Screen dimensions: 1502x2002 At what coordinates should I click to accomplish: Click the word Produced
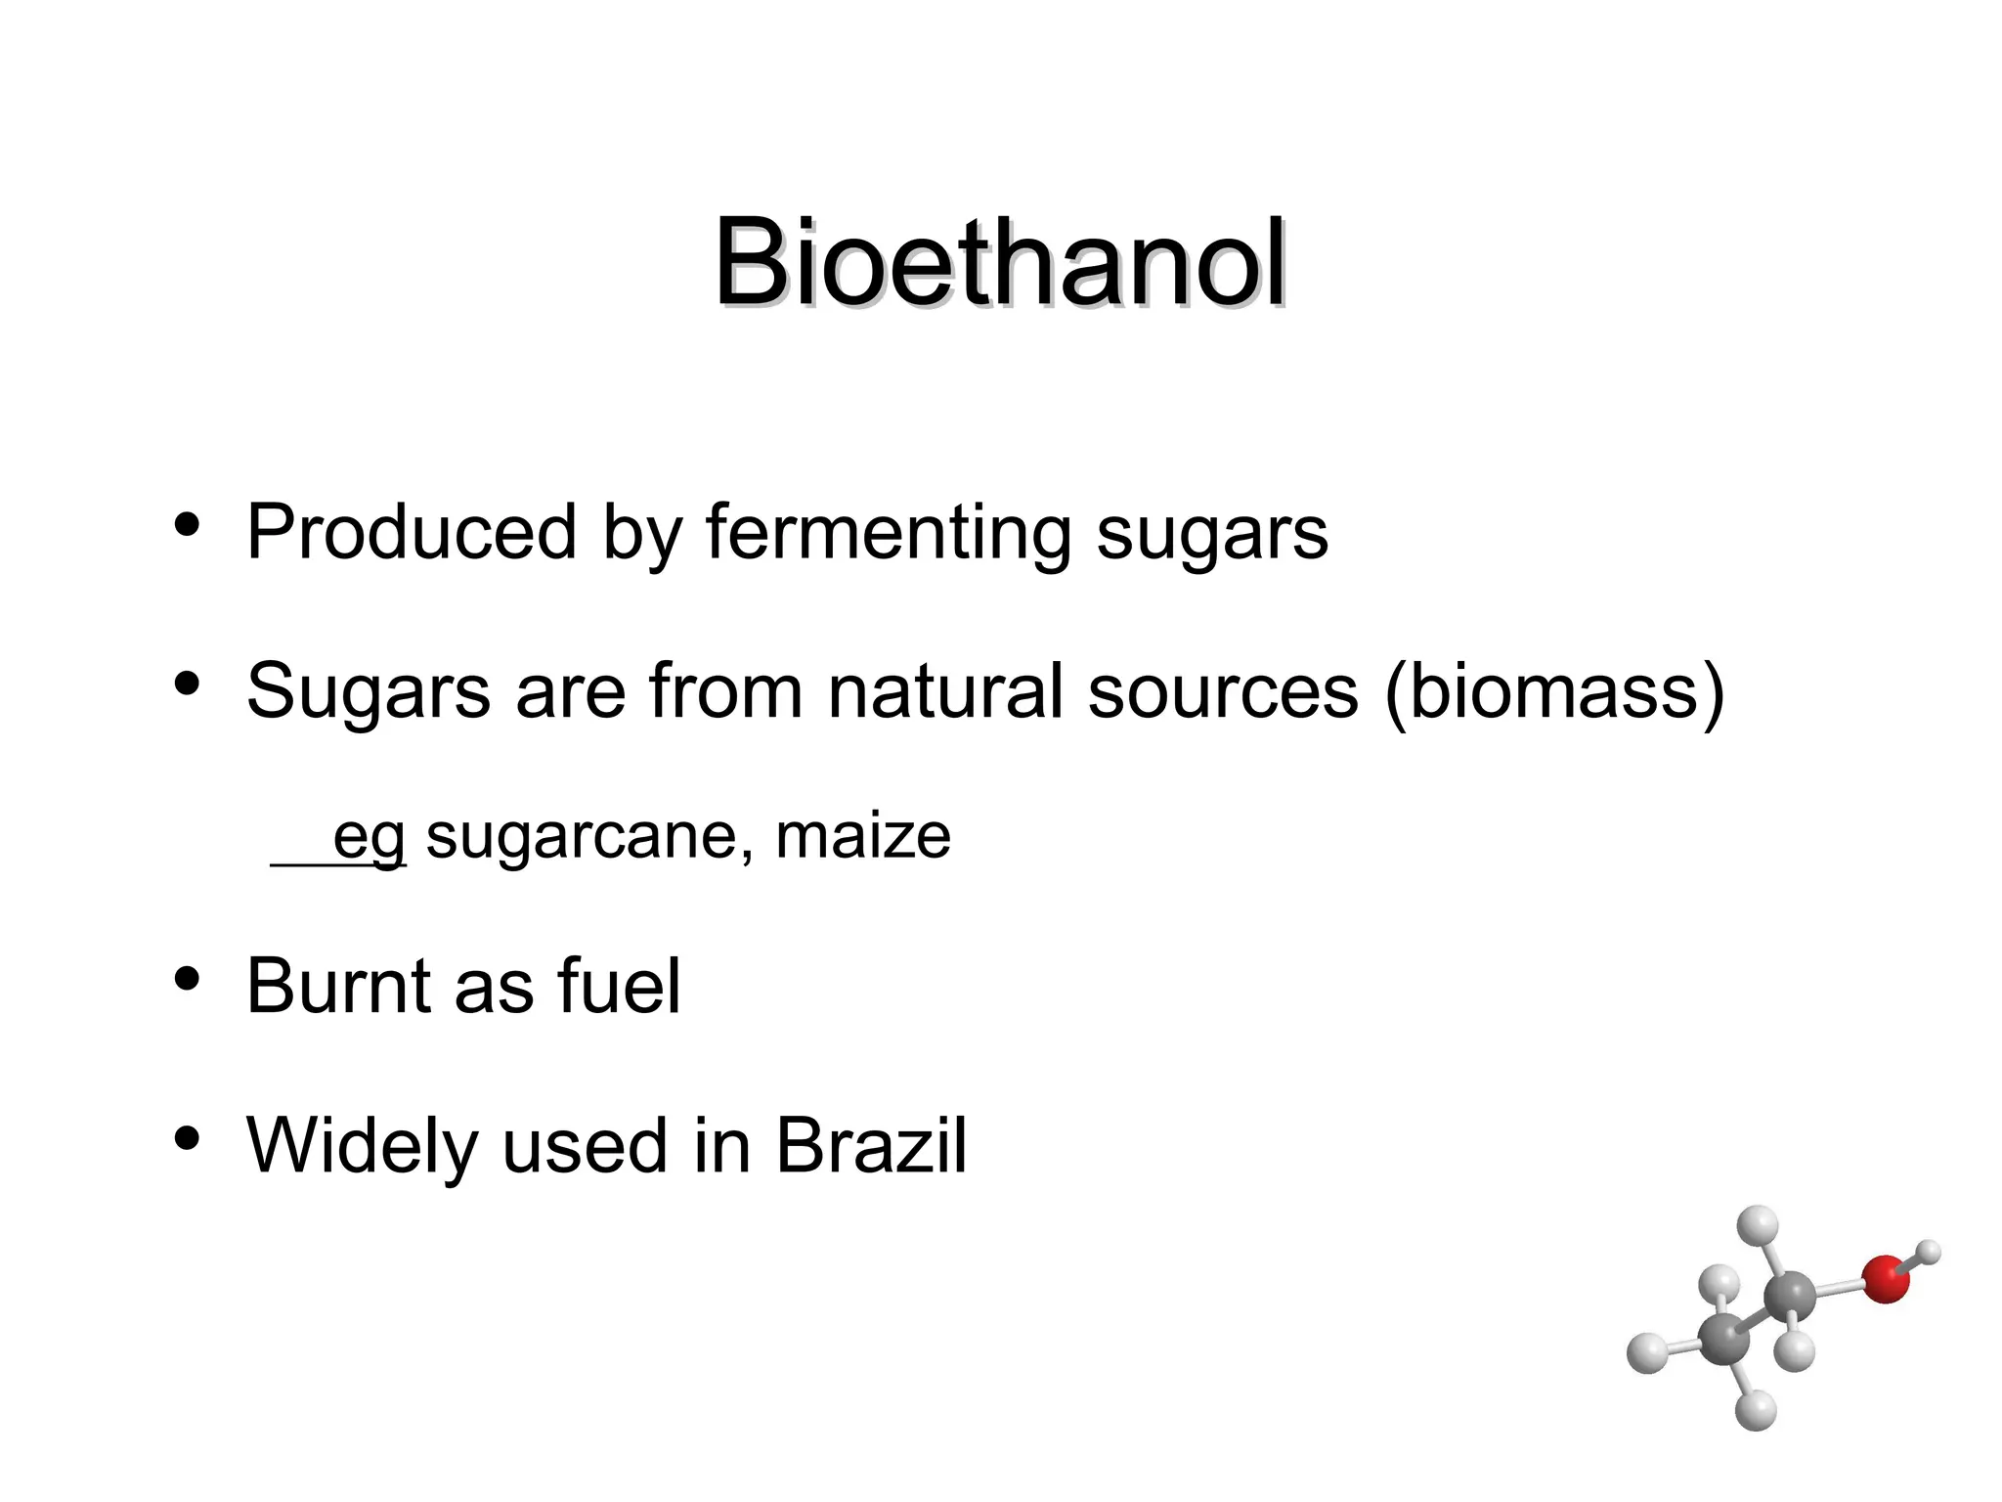pyautogui.click(x=412, y=532)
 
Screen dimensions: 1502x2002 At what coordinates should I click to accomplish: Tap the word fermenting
pyautogui.click(x=889, y=534)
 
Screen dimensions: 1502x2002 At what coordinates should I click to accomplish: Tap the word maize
pyautogui.click(x=862, y=836)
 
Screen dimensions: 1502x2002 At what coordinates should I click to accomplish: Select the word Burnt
pyautogui.click(x=338, y=986)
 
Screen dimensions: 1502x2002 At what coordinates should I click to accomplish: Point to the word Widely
pyautogui.click(x=362, y=1145)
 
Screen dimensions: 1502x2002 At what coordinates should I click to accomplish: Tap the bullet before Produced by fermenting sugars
pyautogui.click(x=187, y=525)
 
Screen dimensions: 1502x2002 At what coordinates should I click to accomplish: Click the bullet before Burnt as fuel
pyautogui.click(x=187, y=978)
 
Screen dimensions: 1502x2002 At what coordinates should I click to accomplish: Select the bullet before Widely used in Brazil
pyautogui.click(x=187, y=1137)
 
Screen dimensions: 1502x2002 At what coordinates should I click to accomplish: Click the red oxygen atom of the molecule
pyautogui.click(x=1885, y=1279)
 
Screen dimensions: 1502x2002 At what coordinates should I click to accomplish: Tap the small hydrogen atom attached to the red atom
pyautogui.click(x=1929, y=1251)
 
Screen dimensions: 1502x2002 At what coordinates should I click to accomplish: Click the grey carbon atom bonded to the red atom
pyautogui.click(x=1789, y=1298)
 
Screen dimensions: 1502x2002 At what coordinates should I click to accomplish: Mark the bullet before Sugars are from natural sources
pyautogui.click(x=187, y=684)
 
